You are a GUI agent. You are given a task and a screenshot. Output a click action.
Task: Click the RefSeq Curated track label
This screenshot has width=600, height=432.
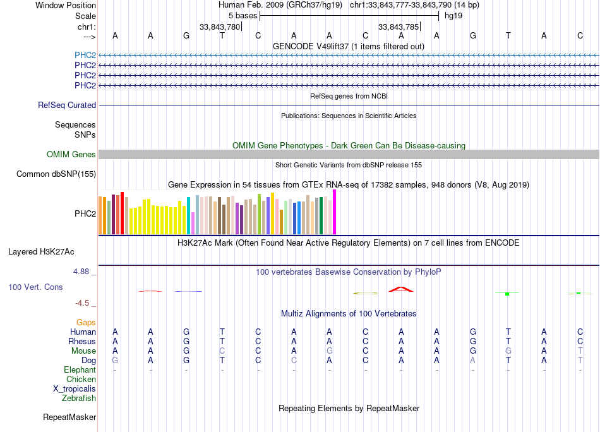point(67,105)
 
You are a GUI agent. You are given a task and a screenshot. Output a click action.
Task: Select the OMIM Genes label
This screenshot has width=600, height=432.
point(71,155)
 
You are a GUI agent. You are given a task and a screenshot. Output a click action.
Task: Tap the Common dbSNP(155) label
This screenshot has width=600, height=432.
point(56,174)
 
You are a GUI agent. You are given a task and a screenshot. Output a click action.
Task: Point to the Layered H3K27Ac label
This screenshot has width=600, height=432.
point(41,252)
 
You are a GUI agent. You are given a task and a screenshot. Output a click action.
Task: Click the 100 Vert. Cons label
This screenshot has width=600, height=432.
point(35,287)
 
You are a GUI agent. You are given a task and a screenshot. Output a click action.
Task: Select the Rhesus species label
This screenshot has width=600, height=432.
point(82,342)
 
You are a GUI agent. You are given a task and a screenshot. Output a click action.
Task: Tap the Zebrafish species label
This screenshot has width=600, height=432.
point(79,399)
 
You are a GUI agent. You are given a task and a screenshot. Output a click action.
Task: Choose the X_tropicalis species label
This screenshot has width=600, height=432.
point(75,389)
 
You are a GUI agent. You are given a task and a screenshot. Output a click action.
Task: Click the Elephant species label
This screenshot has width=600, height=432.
point(80,370)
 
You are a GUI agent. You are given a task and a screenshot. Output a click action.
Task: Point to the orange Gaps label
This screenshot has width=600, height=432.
point(86,323)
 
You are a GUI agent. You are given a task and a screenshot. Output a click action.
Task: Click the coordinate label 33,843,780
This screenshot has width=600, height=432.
point(220,27)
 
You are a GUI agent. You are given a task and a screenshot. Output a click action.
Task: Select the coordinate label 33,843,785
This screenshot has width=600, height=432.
point(399,27)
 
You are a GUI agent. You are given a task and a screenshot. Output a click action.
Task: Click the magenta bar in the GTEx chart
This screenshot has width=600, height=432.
point(335,212)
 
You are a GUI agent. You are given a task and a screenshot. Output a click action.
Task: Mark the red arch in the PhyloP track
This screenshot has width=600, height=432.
point(400,289)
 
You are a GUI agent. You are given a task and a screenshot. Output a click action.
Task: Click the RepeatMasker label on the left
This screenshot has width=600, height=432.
point(69,417)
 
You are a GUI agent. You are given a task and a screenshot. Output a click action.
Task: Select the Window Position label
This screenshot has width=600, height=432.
point(66,5)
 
